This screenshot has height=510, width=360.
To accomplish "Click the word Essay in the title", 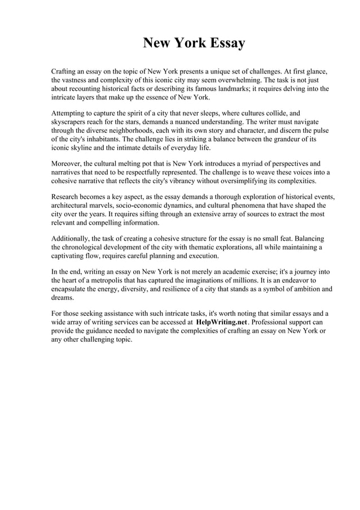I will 224,43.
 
